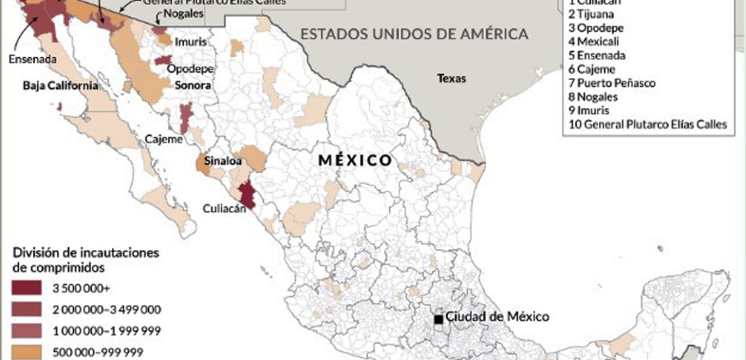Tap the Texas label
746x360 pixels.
click(x=451, y=79)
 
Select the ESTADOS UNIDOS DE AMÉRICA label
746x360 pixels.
click(x=415, y=33)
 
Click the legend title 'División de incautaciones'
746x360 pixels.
click(x=86, y=252)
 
